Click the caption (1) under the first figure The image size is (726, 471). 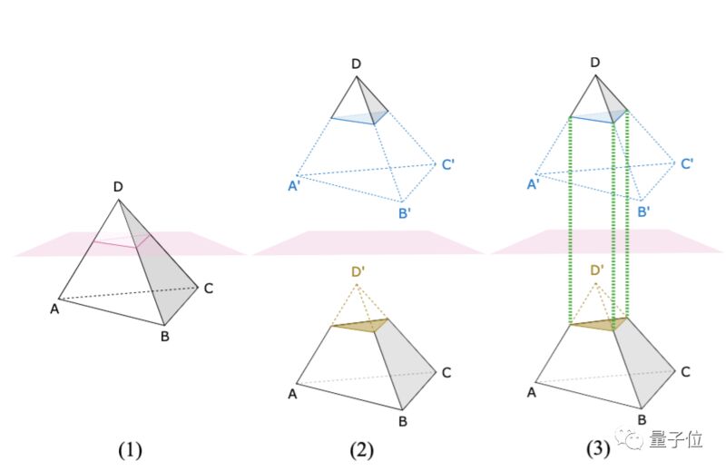(129, 449)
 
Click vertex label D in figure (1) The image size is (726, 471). (118, 187)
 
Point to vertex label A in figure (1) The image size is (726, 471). (54, 308)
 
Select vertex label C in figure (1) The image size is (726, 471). (209, 289)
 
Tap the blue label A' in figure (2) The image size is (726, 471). (294, 186)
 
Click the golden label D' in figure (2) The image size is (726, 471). (359, 270)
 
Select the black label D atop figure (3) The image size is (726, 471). (595, 62)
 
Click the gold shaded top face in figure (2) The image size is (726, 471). (362, 325)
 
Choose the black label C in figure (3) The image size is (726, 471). (686, 371)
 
